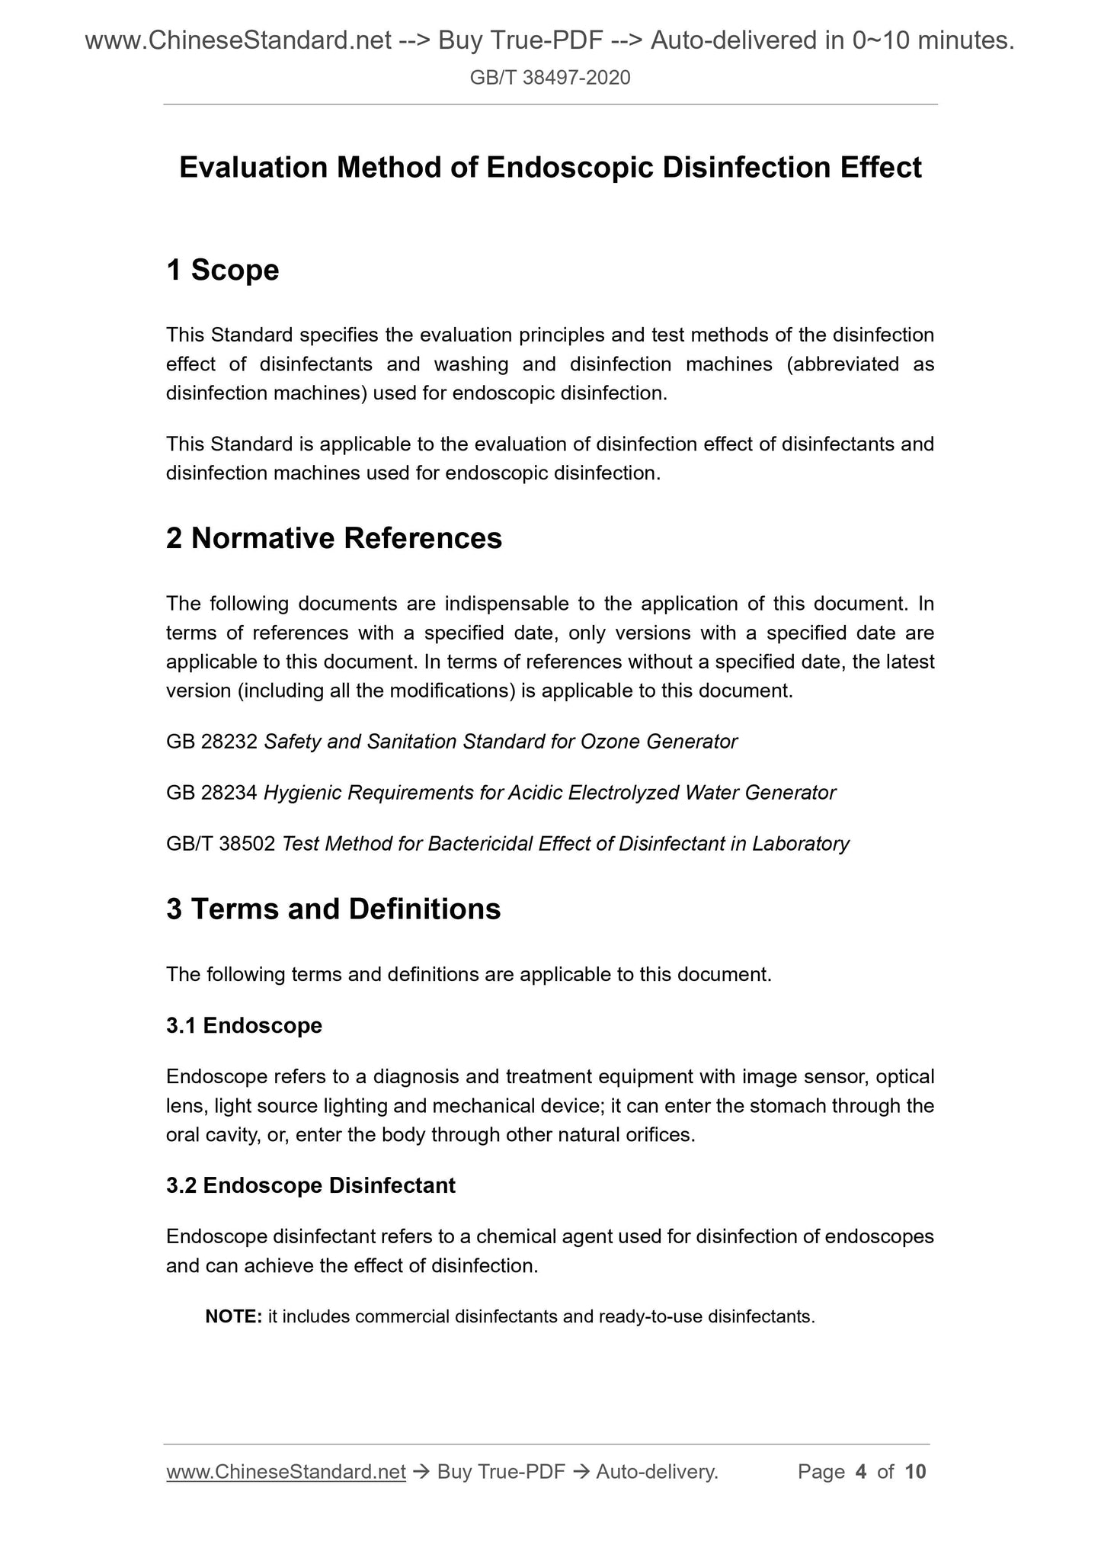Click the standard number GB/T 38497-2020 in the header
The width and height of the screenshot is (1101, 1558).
pos(550,77)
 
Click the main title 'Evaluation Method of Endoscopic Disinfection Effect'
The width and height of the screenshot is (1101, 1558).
pos(550,168)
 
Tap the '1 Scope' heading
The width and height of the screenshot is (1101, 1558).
pos(222,271)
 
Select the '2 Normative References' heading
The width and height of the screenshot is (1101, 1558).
pos(334,539)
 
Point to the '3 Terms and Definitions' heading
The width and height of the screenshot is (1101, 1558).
pos(333,909)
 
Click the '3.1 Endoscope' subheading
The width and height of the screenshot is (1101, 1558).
pos(244,1026)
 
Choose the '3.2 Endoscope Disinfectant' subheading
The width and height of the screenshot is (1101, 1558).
pos(311,1186)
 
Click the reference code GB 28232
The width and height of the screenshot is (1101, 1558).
pos(212,742)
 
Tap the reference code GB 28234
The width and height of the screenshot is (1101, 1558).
pos(212,793)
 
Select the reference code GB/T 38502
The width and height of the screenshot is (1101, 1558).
pos(220,844)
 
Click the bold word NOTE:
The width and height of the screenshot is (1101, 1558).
pos(234,1316)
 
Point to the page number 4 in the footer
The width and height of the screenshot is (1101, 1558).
pos(861,1472)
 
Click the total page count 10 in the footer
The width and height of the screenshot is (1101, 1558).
pos(915,1472)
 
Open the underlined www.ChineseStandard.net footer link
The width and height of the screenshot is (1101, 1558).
pos(286,1472)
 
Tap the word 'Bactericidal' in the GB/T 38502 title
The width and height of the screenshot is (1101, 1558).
pos(480,844)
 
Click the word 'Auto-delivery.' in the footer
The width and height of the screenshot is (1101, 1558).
pos(657,1472)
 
